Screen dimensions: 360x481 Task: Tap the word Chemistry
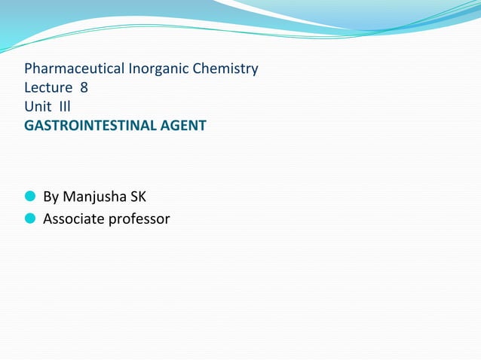coord(224,69)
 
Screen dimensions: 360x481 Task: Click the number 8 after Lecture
coord(84,88)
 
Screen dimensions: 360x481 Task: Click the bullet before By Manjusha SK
coord(30,197)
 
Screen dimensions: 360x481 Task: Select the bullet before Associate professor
coord(30,219)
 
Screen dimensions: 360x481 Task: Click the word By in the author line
coord(51,198)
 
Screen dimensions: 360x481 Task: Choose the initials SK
coord(137,197)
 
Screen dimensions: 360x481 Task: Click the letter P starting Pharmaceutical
coord(29,69)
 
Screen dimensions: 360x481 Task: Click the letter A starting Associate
coord(48,219)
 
